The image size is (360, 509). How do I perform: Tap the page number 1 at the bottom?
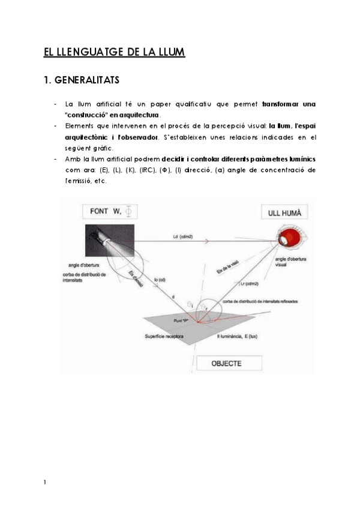click(45, 482)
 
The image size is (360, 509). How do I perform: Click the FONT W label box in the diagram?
click(114, 211)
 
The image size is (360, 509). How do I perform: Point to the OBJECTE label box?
click(226, 363)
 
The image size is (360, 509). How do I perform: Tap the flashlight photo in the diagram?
click(99, 239)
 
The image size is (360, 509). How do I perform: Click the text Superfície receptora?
click(169, 336)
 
